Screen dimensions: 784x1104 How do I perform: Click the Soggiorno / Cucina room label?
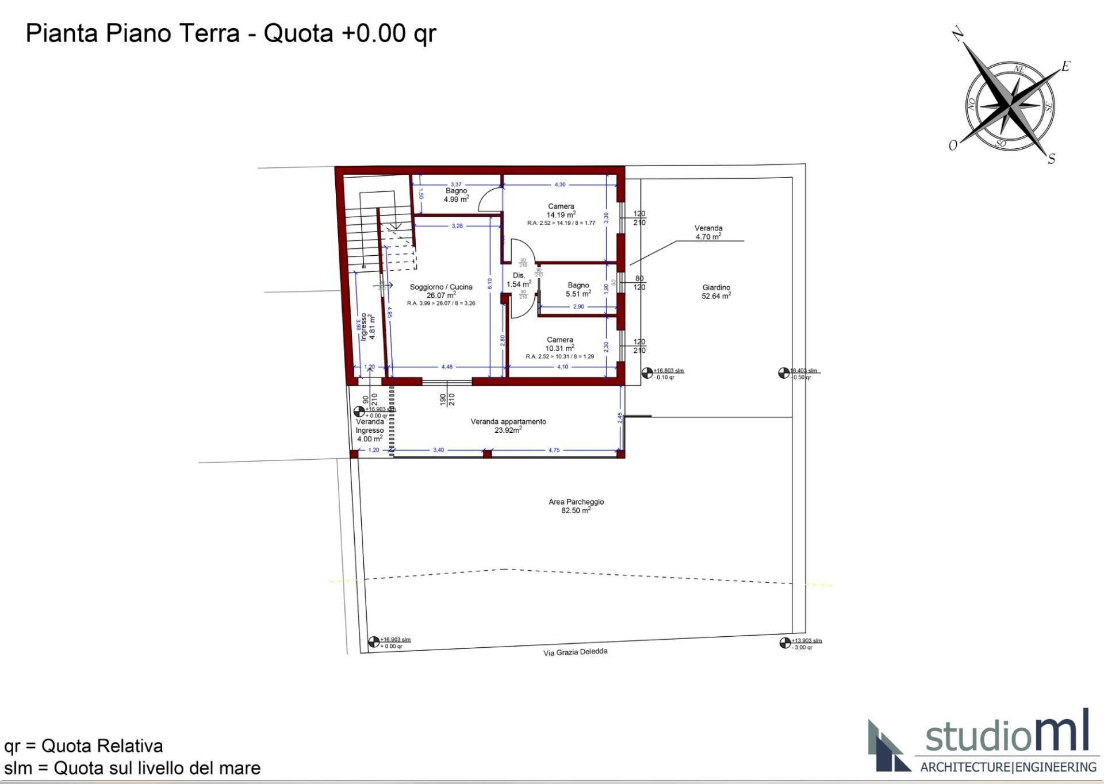441,287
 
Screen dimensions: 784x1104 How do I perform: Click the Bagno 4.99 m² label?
456,195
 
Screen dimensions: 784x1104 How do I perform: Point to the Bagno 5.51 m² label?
578,290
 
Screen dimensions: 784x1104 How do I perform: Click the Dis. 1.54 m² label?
518,280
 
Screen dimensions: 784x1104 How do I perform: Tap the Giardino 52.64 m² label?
716,291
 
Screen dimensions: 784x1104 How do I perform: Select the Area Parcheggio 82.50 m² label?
576,506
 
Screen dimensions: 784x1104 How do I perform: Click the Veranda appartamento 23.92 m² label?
508,425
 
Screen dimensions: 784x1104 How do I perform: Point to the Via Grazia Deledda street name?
575,652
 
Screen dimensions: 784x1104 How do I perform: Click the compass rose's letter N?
957,34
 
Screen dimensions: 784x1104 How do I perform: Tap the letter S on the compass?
1051,159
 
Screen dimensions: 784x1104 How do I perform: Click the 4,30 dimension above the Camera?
559,185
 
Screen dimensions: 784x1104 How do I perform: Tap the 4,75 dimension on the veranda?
553,450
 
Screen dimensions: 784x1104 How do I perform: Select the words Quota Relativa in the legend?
102,746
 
